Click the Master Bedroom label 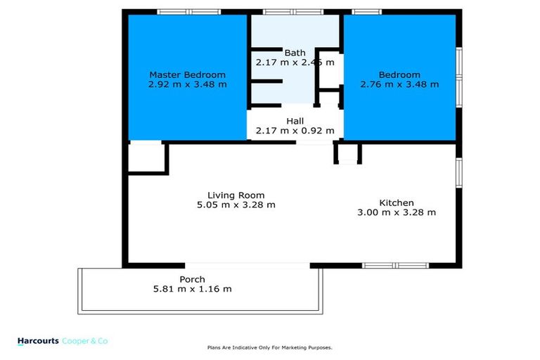(187, 75)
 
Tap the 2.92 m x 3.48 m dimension (187, 84)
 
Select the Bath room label (295, 53)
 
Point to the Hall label (295, 121)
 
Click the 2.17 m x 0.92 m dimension (295, 131)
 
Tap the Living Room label (236, 195)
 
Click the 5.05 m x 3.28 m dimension (236, 205)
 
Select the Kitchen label (397, 202)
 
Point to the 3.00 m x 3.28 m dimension (397, 212)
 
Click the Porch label (192, 279)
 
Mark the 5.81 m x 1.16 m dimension (192, 289)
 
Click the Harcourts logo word (37, 340)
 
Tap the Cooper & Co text (86, 340)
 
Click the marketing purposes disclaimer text (269, 347)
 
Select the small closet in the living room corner (146, 156)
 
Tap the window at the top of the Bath (293, 11)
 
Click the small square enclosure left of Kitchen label (347, 153)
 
